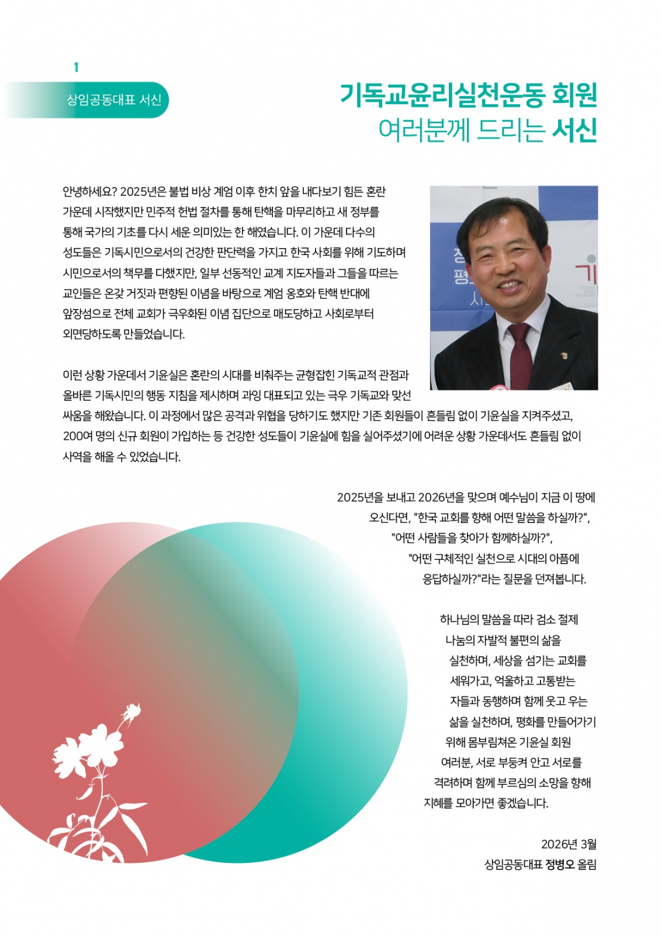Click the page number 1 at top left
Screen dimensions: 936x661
click(76, 68)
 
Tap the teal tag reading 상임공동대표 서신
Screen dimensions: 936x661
click(113, 100)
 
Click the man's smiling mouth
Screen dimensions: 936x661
click(507, 285)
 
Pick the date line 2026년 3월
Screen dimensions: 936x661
click(568, 844)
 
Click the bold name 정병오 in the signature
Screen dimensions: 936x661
click(560, 864)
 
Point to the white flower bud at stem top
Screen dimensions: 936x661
click(132, 713)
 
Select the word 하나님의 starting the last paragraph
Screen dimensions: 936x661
click(459, 619)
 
